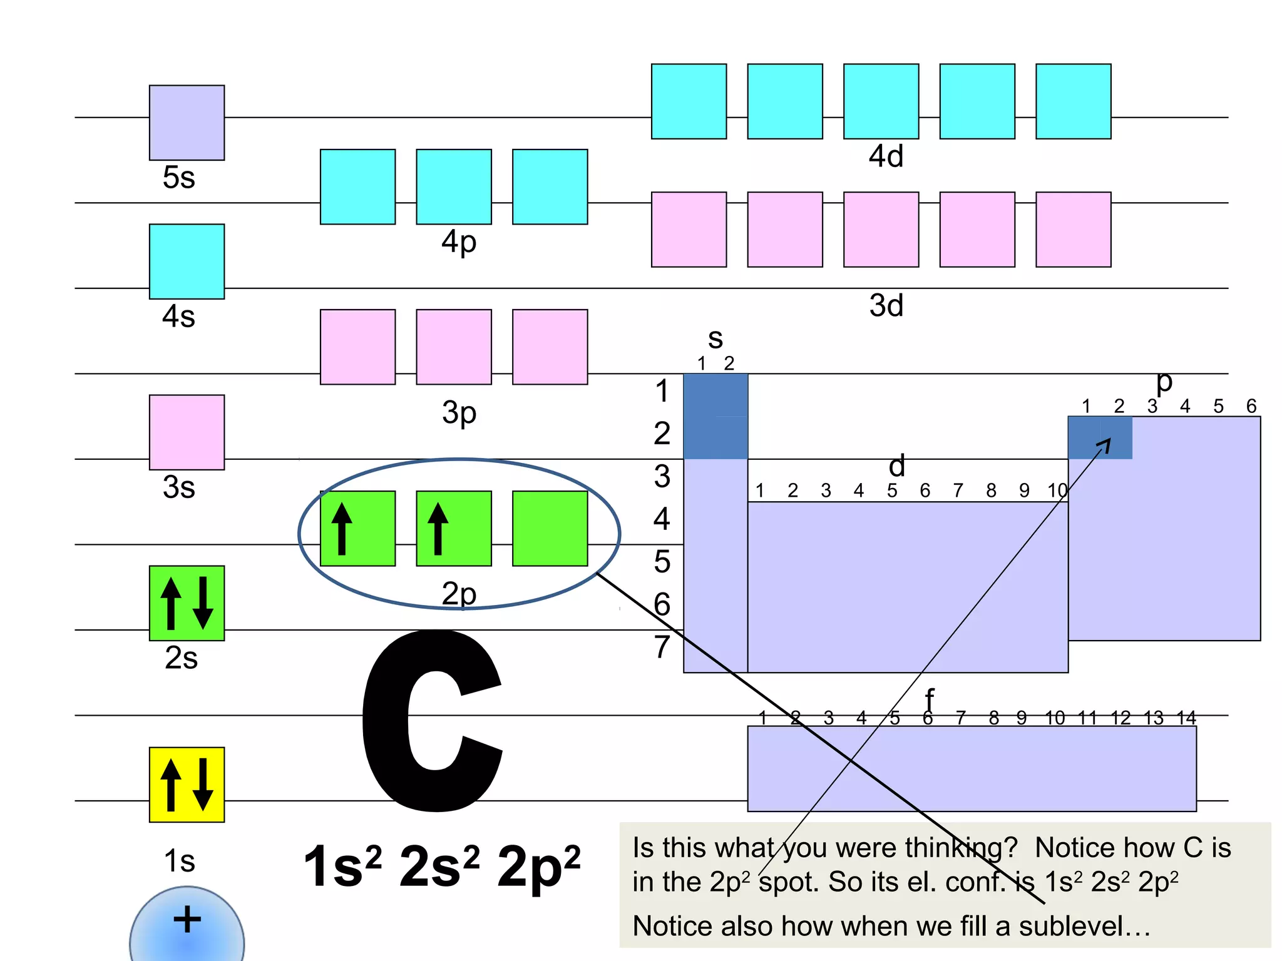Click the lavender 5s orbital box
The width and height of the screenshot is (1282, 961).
click(187, 123)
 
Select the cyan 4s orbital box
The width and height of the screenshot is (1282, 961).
click(187, 262)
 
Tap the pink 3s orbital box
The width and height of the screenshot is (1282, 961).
click(187, 432)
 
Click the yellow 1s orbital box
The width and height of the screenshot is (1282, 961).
click(187, 785)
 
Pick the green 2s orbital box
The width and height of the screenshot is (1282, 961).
click(187, 603)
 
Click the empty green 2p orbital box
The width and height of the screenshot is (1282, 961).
click(550, 529)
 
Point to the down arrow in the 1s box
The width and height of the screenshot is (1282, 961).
click(203, 785)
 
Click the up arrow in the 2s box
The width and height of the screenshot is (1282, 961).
click(171, 603)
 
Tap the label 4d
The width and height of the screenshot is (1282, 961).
click(886, 156)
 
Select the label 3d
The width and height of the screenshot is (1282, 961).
click(886, 306)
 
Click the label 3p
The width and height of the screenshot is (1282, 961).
click(459, 414)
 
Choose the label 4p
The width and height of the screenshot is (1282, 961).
click(459, 243)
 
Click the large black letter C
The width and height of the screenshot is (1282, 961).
click(432, 719)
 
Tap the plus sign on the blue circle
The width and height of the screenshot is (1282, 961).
click(187, 920)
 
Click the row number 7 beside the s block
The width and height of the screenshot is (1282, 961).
click(662, 647)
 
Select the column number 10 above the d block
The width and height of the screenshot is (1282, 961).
click(1057, 491)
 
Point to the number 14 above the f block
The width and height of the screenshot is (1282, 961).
click(1186, 718)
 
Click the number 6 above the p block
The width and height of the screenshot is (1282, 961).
click(1251, 407)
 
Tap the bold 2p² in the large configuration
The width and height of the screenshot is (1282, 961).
click(538, 867)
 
